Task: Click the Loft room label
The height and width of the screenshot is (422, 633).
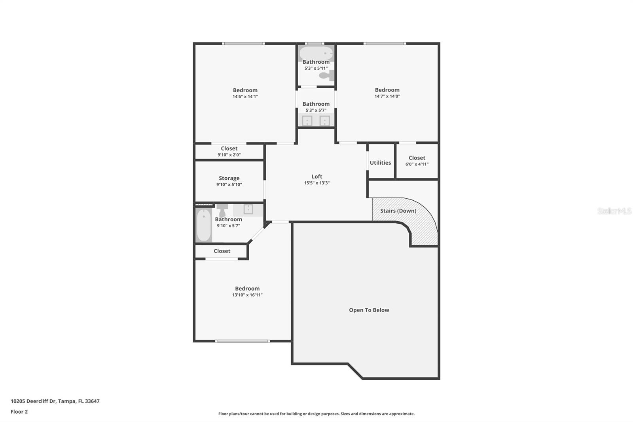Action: point(317,177)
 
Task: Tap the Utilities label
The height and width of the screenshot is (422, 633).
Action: point(380,163)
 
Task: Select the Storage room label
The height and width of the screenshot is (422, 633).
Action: point(229,178)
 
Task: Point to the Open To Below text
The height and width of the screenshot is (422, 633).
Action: point(369,310)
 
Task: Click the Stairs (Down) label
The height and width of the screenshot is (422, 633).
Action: point(398,211)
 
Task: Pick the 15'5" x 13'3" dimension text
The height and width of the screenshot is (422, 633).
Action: point(317,183)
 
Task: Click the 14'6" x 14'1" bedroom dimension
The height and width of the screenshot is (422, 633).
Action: point(245,97)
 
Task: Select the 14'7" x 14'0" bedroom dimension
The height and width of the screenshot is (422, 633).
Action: point(387,96)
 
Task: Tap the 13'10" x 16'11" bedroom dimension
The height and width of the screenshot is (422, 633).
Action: point(247,295)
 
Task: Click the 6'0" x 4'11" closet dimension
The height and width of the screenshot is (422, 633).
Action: point(417,164)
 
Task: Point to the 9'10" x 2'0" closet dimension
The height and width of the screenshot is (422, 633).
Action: point(229,155)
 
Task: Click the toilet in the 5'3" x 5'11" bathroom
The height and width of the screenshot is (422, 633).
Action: point(327,75)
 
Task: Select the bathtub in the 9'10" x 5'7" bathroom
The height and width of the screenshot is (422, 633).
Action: point(204,225)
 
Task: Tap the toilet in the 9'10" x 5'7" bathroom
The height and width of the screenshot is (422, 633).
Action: point(222,210)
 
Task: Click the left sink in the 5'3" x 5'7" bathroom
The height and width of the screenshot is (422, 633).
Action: point(307,121)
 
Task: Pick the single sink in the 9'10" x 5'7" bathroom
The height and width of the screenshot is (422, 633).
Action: point(248,209)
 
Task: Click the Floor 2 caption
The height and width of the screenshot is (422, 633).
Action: point(19,412)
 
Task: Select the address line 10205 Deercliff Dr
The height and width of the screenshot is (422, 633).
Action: point(55,401)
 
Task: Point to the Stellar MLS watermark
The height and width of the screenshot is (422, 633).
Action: point(614,211)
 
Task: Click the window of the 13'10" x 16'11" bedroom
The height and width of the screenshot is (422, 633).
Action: point(243,341)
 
